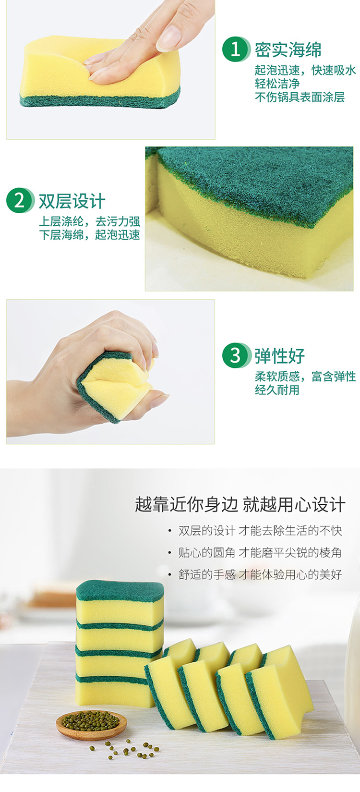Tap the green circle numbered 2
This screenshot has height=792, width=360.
[19, 200]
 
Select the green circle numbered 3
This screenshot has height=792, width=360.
[235, 355]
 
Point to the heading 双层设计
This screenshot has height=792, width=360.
[72, 201]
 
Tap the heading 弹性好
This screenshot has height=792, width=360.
[279, 356]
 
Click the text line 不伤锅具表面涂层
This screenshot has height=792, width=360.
[300, 97]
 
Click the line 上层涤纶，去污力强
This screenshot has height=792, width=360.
[89, 221]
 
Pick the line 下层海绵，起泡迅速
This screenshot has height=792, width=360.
[89, 235]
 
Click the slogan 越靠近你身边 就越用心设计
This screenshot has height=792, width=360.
[240, 505]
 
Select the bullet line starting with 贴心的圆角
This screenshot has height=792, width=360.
[255, 553]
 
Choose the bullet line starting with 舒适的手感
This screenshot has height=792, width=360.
[255, 574]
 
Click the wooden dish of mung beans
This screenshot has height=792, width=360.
[92, 725]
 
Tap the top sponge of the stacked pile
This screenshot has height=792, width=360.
[120, 604]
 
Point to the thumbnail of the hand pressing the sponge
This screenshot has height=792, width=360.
[110, 70]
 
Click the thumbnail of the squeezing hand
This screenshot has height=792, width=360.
[110, 372]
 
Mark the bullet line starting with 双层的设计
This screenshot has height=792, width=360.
[255, 531]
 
